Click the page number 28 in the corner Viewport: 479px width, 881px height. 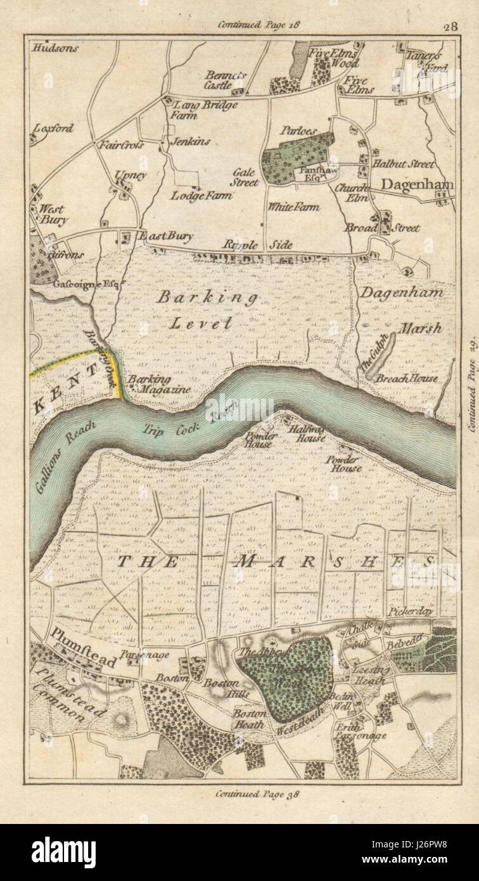pyautogui.click(x=450, y=26)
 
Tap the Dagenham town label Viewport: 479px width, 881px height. pyautogui.click(x=418, y=184)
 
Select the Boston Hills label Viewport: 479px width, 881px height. pyautogui.click(x=220, y=687)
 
